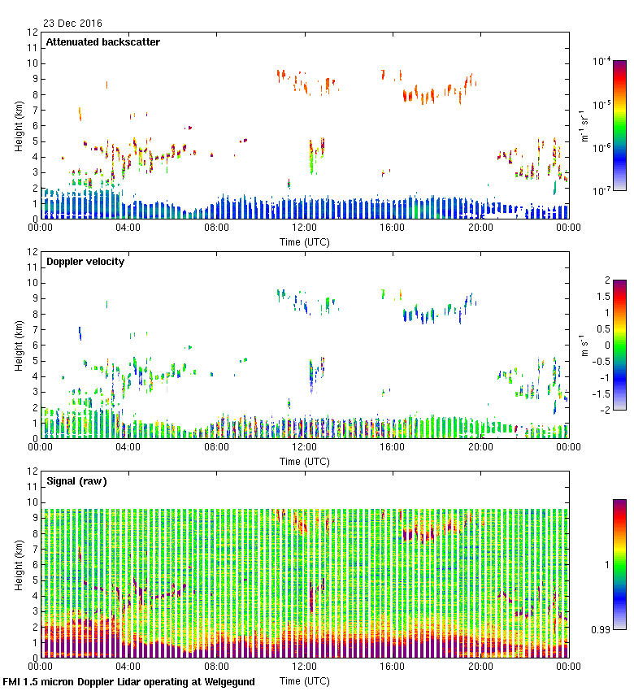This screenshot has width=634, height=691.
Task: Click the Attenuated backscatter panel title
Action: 103,42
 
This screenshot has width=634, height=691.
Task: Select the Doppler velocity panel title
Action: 85,262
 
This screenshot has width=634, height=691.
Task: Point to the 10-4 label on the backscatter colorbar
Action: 602,62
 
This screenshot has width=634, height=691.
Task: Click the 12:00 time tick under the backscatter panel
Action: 305,228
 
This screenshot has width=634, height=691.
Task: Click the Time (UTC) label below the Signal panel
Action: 305,680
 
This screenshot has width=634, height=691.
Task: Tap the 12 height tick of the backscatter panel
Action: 33,33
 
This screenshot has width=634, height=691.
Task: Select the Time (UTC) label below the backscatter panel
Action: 305,241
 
